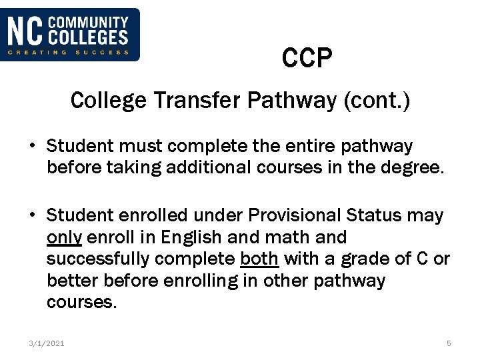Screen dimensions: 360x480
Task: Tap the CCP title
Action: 307,59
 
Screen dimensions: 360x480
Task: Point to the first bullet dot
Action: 32,146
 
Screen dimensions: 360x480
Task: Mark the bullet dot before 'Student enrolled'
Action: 32,215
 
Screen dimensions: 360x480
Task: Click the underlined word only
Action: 64,237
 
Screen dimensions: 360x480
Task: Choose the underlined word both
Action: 259,259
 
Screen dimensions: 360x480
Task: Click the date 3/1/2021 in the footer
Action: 47,343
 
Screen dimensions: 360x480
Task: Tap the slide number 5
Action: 449,343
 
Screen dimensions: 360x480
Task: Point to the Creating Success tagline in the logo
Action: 69,52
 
